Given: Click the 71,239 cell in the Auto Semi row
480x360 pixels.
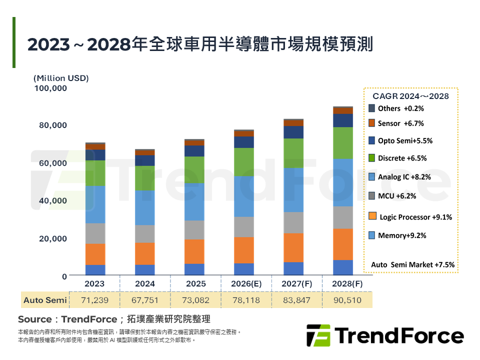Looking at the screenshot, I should tap(94, 300).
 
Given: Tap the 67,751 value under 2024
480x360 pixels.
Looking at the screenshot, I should tap(144, 300).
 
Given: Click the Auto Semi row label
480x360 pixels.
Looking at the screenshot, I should tap(45, 300).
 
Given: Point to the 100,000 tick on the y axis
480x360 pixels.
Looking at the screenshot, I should tap(50, 88).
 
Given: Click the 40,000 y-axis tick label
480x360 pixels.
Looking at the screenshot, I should tap(53, 200).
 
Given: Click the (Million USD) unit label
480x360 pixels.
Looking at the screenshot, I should tap(60, 78).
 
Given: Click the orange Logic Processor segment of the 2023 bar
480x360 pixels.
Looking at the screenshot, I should tap(95, 254).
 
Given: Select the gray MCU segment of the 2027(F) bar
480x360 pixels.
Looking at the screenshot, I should tap(293, 222).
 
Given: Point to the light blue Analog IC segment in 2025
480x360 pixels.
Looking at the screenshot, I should tap(194, 201).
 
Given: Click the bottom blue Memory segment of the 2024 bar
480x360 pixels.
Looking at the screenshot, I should tap(144, 270).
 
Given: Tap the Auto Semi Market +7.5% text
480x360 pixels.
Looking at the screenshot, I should tap(412, 264).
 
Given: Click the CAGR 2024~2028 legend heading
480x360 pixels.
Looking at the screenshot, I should tap(410, 96).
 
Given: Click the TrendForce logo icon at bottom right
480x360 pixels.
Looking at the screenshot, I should tap(318, 335).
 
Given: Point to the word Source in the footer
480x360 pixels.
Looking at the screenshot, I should tap(34, 319).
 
